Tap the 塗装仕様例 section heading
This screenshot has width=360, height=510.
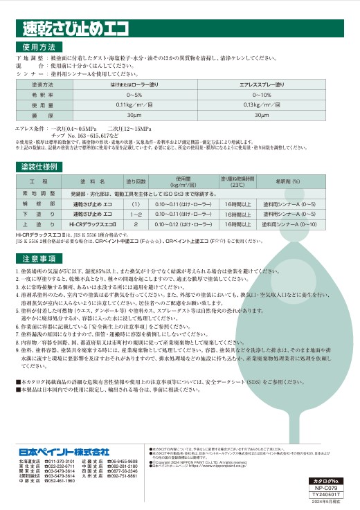point(39,167)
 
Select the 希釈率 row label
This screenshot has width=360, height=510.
point(42,94)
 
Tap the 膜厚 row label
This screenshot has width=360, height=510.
point(42,114)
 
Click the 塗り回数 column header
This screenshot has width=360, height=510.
point(136,181)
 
